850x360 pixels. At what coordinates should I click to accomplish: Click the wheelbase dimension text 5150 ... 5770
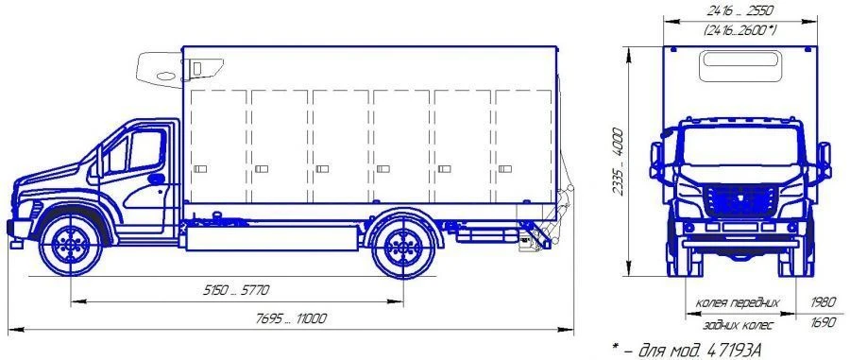pyautogui.click(x=236, y=291)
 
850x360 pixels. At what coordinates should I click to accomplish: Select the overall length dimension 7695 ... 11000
pyautogui.click(x=291, y=318)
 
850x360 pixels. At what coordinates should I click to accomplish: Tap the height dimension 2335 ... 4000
pyautogui.click(x=618, y=163)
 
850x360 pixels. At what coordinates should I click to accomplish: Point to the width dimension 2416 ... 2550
pyautogui.click(x=739, y=10)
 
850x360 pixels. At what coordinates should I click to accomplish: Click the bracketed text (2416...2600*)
pyautogui.click(x=739, y=30)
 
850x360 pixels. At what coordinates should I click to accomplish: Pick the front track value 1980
pyautogui.click(x=824, y=302)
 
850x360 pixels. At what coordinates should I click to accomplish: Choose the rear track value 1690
pyautogui.click(x=824, y=323)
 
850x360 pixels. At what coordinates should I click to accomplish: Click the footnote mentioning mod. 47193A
pyautogui.click(x=689, y=351)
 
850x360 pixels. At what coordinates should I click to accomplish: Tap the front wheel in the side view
pyautogui.click(x=71, y=245)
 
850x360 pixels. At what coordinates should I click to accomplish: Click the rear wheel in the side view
pyautogui.click(x=402, y=247)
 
